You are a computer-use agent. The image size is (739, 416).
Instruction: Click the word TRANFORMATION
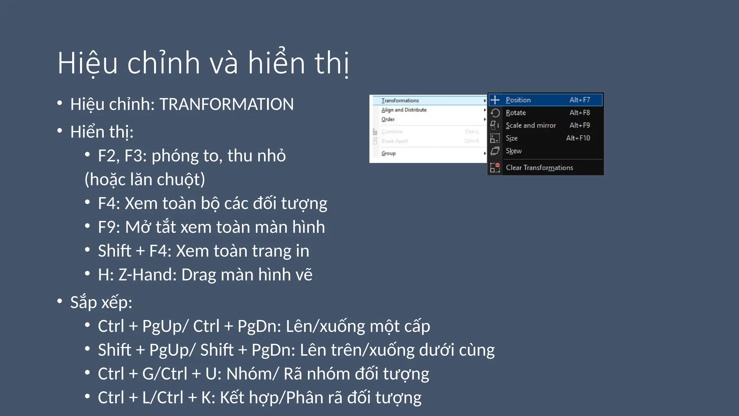click(226, 104)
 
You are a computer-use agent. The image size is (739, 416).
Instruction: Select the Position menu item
click(518, 100)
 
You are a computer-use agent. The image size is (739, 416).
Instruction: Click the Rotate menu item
click(516, 113)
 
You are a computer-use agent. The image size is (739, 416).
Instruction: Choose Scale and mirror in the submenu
click(530, 125)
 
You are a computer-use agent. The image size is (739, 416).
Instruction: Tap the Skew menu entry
click(513, 151)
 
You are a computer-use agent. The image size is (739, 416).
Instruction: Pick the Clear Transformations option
click(539, 168)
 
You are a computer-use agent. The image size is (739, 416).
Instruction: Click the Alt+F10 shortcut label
click(578, 138)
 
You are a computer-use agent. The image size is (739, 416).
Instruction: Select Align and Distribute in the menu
click(404, 110)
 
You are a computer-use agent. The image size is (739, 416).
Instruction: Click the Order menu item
click(388, 119)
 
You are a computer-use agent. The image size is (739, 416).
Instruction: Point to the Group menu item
click(388, 153)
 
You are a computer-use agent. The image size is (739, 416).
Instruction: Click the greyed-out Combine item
click(392, 131)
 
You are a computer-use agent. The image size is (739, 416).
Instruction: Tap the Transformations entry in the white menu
click(400, 100)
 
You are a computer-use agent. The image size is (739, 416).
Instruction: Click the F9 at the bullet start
click(107, 227)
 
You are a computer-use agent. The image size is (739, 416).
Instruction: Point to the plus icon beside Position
click(495, 100)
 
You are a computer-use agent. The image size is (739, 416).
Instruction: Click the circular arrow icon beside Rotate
click(495, 113)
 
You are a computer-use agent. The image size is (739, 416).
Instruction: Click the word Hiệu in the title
click(88, 64)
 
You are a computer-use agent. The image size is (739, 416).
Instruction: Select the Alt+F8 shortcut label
click(580, 113)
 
